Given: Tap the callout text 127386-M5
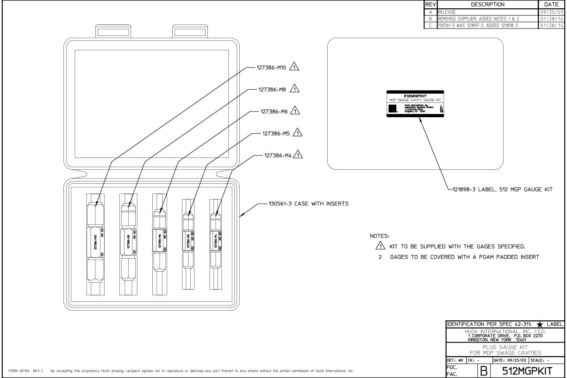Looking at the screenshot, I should coord(278,132).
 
